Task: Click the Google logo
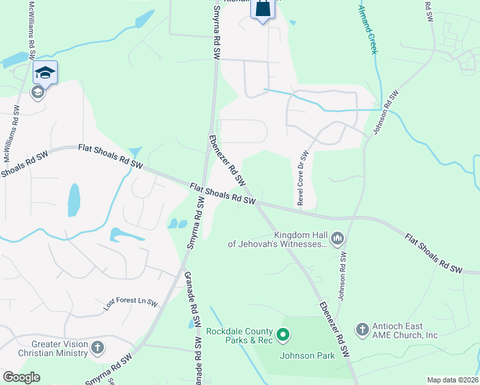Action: [x=21, y=377]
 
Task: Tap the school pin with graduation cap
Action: [x=46, y=72]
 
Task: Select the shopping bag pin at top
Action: [x=262, y=9]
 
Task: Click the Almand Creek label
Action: [x=367, y=28]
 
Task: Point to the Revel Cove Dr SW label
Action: [x=302, y=178]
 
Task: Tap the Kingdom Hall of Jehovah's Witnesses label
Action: [x=279, y=239]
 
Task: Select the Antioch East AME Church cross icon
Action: [x=362, y=330]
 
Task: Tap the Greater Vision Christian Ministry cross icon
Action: [x=98, y=348]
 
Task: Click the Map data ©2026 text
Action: [x=452, y=380]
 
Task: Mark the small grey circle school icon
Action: [x=37, y=92]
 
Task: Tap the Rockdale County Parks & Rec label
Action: [x=240, y=336]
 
